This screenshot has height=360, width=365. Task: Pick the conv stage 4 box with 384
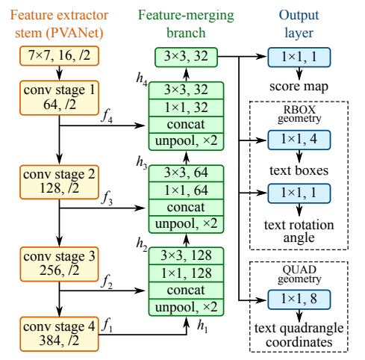[58, 332]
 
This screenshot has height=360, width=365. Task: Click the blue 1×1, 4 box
[299, 140]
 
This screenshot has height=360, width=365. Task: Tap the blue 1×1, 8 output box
[299, 301]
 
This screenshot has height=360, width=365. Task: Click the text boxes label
[299, 169]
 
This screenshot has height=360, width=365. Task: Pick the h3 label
[141, 161]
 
